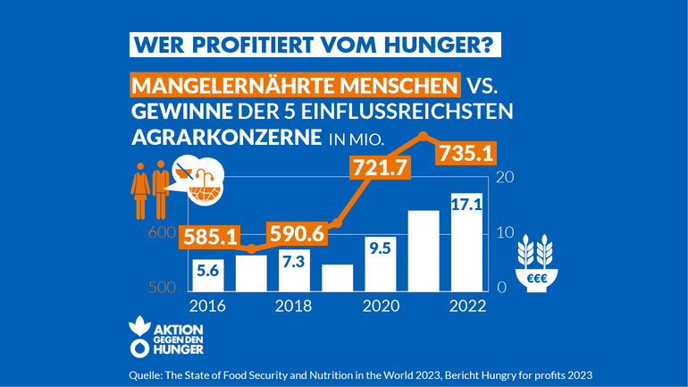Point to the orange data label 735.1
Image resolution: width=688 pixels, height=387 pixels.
click(463, 153)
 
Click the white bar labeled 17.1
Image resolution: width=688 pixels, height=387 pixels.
click(467, 242)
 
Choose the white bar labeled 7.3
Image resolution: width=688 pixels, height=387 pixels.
click(294, 270)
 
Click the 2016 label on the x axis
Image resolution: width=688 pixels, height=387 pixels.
click(206, 306)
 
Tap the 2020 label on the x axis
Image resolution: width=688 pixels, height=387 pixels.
click(381, 306)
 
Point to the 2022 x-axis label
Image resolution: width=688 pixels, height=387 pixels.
click(467, 306)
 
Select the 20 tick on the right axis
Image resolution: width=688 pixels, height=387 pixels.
click(505, 177)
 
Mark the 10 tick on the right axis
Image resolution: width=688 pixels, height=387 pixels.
click(504, 232)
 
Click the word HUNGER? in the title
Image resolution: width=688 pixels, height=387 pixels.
click(440, 44)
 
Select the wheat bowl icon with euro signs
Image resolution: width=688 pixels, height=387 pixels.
click(538, 263)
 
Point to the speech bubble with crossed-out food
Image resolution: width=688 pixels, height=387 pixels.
click(199, 181)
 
